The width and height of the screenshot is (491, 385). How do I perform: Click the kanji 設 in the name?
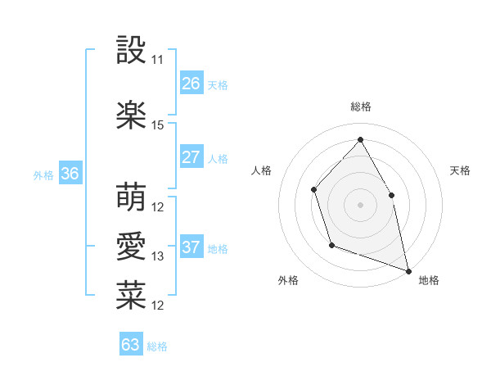coord(131,51)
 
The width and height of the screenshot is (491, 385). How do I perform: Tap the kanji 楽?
coord(131,115)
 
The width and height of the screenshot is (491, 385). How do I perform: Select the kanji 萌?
coord(131,197)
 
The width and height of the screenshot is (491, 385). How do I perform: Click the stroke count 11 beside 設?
coord(158,60)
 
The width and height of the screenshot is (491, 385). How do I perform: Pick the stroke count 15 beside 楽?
coord(158,125)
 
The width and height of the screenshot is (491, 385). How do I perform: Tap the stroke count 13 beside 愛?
coord(158,256)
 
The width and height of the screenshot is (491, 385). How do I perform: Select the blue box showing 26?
coord(191,83)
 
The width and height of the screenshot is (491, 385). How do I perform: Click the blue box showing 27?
coord(191,157)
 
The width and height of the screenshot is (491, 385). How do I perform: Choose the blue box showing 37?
coord(191,247)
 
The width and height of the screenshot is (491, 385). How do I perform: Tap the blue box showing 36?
coord(70,174)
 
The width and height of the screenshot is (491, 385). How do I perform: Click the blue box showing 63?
coord(130,345)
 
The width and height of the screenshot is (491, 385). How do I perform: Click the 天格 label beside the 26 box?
coord(218,84)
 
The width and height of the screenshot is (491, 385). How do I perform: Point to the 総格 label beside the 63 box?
coord(157,346)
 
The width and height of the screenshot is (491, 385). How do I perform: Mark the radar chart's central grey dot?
coord(360,204)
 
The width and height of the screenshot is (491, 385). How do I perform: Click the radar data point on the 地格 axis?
coord(408,269)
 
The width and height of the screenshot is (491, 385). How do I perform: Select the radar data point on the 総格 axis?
coord(360,139)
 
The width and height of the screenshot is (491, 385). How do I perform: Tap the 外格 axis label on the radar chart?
coord(288,280)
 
